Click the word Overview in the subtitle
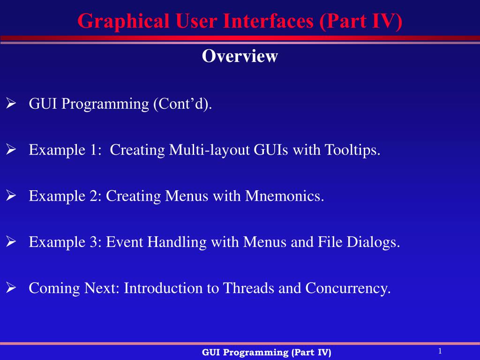(x=240, y=56)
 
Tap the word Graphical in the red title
(x=123, y=22)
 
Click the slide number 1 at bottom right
(x=440, y=351)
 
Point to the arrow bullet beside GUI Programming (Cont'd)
(x=11, y=104)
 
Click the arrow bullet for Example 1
(x=11, y=150)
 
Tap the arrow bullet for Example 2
(x=11, y=195)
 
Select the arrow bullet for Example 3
(x=11, y=241)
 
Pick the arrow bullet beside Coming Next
(x=11, y=288)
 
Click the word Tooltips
(x=352, y=150)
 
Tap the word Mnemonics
(x=285, y=196)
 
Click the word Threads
(x=248, y=288)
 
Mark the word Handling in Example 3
(x=177, y=242)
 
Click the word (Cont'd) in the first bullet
(x=183, y=104)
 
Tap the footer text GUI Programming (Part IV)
(x=266, y=352)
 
